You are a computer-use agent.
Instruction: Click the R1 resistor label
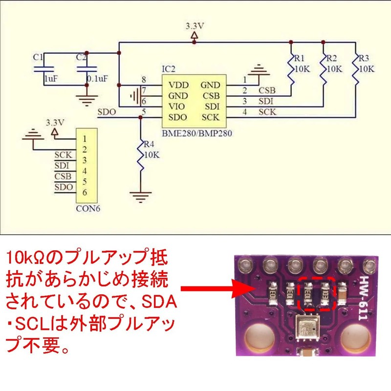click(x=299, y=58)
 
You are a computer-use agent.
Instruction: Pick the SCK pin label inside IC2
click(x=210, y=117)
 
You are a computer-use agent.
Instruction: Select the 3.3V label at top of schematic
click(x=194, y=25)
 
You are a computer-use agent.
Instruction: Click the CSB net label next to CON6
click(x=63, y=176)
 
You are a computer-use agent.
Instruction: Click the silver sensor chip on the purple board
click(x=308, y=328)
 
